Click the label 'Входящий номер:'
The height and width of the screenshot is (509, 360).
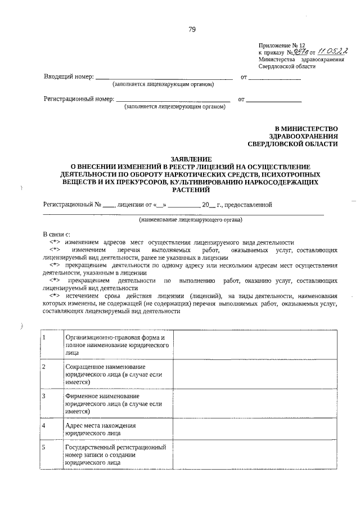(x=69, y=77)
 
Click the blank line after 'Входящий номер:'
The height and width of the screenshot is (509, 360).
(x=164, y=78)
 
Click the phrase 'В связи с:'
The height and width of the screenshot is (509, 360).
(x=56, y=233)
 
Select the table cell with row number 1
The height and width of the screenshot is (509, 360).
(x=51, y=344)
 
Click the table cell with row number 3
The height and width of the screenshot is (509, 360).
(x=51, y=403)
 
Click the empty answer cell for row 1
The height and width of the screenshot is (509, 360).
(x=256, y=344)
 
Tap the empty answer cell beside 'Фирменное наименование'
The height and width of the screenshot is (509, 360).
(x=256, y=403)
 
